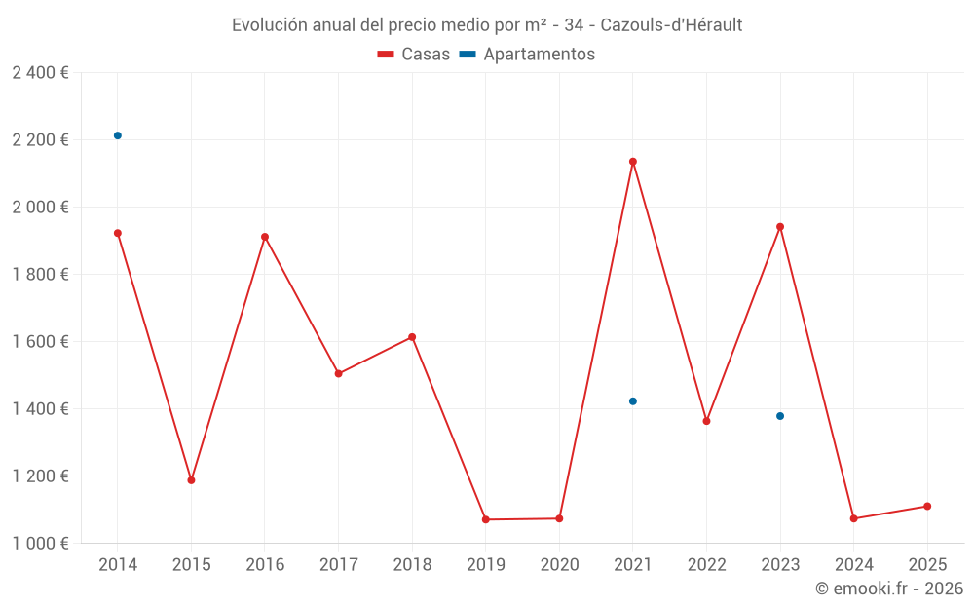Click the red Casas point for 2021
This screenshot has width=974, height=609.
point(633,162)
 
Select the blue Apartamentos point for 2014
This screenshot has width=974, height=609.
point(118,135)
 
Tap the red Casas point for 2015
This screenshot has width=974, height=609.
point(191,480)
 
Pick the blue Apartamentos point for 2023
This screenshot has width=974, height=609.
point(780,416)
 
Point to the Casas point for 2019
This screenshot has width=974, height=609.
point(486,519)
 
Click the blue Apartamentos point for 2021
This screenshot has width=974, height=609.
point(633,401)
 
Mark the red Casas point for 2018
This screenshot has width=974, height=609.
point(412,337)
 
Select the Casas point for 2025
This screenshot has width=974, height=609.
point(927,506)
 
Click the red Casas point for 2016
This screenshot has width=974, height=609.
point(265,237)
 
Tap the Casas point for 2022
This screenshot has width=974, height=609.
point(706,421)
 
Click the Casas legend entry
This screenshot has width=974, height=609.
point(415,55)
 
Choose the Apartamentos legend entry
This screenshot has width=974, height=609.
point(527,55)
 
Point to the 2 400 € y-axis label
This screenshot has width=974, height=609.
point(40,73)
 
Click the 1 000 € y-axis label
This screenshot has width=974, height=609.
point(40,544)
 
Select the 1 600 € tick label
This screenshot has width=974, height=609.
point(40,342)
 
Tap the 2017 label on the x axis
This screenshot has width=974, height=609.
point(338,565)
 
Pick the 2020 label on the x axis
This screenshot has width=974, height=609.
point(559,565)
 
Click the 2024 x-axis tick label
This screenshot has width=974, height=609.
point(854,565)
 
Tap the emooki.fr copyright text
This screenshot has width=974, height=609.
point(888,589)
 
